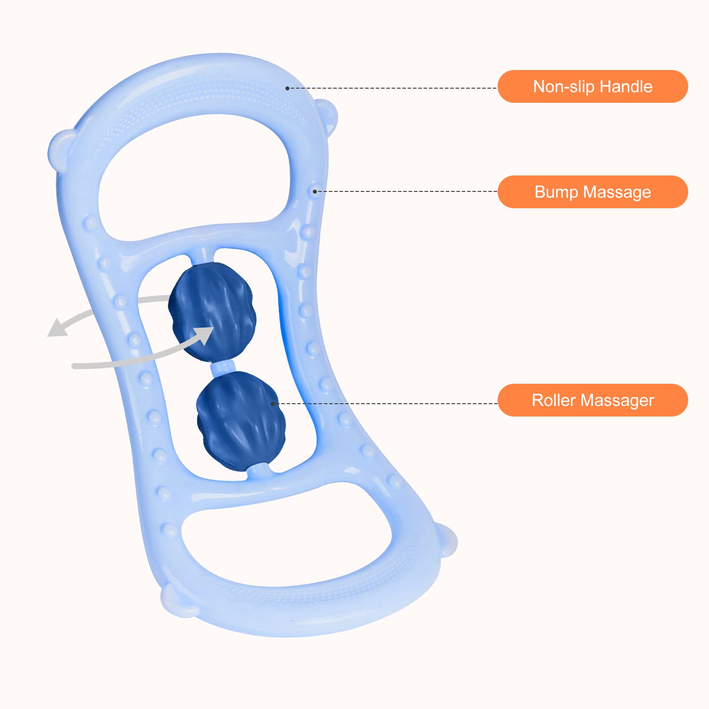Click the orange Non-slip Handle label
tap(592, 86)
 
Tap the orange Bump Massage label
tap(592, 192)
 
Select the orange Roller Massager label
tap(592, 400)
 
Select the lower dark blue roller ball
tap(241, 421)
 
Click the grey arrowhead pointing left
tap(58, 328)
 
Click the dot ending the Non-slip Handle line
tap(287, 89)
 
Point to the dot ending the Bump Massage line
tap(315, 191)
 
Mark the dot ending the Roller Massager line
tap(273, 404)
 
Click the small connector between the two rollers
tap(223, 367)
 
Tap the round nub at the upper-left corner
tap(60, 148)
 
